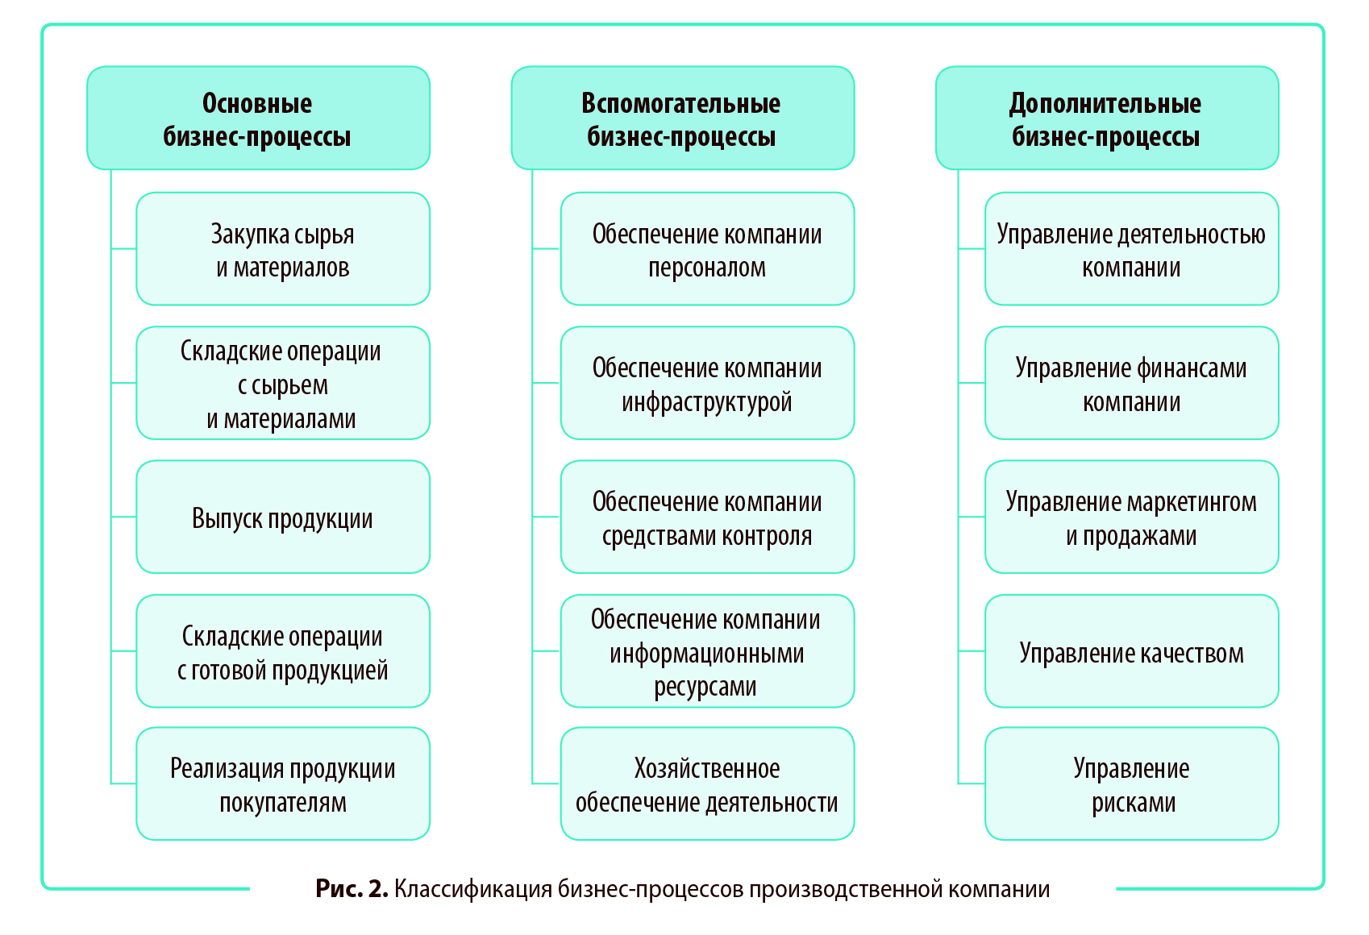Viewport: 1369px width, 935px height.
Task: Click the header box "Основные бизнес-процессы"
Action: (x=258, y=118)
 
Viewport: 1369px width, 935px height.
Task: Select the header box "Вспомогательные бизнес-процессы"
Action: (x=682, y=118)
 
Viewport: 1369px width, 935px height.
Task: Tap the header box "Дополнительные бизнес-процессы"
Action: (x=1106, y=118)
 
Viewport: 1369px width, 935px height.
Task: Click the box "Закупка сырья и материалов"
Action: (x=282, y=249)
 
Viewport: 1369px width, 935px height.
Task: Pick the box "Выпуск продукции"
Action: (x=282, y=517)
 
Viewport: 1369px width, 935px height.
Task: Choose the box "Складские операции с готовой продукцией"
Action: (x=282, y=651)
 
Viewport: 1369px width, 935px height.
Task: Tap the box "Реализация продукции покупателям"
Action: (x=282, y=784)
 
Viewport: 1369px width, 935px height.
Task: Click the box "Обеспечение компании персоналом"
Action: (x=707, y=249)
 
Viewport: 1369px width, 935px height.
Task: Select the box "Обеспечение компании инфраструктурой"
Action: (x=707, y=383)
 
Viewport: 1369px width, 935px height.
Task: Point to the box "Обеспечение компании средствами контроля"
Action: (x=707, y=517)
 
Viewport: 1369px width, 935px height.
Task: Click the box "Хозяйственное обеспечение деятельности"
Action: (x=707, y=784)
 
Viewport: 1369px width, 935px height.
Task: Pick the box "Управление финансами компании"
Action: (x=1131, y=383)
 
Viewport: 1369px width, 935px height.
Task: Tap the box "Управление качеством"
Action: (x=1131, y=651)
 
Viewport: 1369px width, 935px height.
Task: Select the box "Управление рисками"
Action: (x=1131, y=784)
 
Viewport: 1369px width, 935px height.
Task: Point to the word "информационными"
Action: (x=706, y=653)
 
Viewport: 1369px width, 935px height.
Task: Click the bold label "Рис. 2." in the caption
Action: (x=352, y=889)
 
